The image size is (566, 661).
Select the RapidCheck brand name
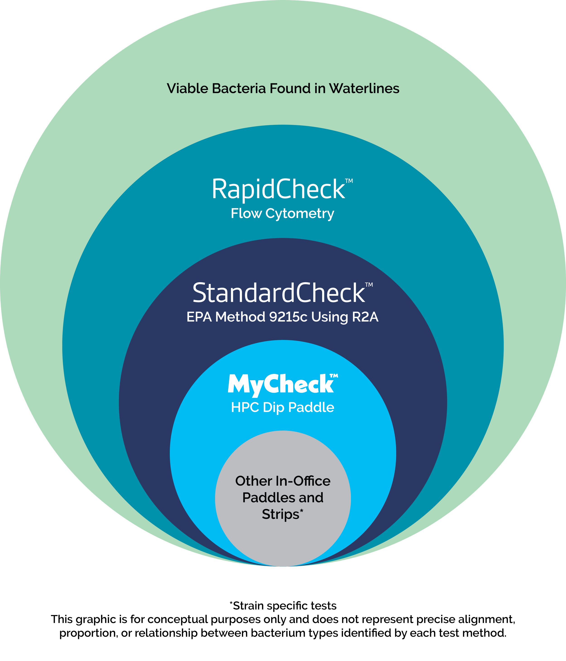click(278, 189)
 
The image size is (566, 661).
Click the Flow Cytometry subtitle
click(282, 213)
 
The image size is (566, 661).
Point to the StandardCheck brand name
click(279, 293)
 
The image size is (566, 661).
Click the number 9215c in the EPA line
click(288, 317)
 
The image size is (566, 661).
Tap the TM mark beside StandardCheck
click(369, 285)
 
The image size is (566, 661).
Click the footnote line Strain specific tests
click(283, 606)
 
